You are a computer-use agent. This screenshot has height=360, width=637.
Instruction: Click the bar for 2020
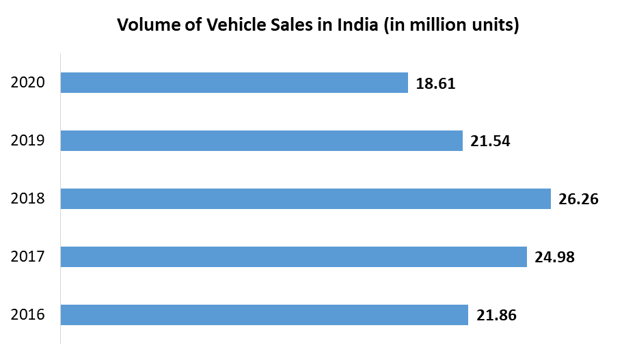pos(234,83)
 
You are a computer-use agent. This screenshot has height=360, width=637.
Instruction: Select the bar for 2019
pos(261,141)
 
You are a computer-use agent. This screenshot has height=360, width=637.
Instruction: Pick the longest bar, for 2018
pos(306,199)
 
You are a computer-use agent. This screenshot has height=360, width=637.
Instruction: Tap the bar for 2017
pos(293,257)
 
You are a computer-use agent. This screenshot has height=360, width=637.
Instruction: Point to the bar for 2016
pos(264,315)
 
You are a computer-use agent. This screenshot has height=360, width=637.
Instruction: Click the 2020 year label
pos(28,83)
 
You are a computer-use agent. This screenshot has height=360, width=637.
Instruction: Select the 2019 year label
pos(28,141)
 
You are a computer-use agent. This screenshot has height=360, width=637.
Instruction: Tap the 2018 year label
pos(28,199)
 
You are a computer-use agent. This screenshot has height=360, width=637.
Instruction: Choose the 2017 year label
pos(28,257)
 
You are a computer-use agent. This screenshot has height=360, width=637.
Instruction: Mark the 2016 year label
pos(28,315)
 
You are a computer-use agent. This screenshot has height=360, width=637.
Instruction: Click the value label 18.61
pos(435,84)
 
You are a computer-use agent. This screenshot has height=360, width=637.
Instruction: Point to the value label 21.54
pos(490,142)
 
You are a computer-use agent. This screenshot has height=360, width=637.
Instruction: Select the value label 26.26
pos(578,200)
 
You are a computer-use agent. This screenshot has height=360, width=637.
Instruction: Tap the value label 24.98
pos(554,258)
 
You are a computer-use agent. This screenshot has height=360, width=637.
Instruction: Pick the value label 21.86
pos(496,316)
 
